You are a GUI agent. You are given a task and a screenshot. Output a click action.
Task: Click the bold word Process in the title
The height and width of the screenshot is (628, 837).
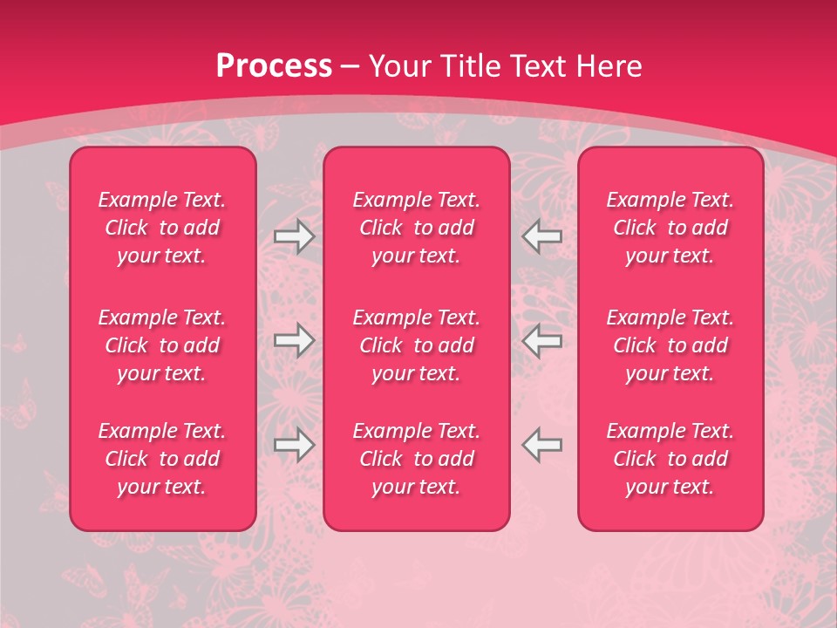[x=274, y=66]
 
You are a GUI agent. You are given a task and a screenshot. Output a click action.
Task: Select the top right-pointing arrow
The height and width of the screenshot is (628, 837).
[x=294, y=235]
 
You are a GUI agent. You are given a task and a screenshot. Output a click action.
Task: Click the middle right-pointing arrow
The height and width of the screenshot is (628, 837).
[x=294, y=340]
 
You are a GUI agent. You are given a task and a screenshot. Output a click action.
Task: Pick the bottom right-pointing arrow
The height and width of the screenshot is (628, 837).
[x=294, y=445]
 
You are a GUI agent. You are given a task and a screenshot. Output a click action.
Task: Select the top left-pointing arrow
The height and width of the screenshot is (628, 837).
[x=542, y=235]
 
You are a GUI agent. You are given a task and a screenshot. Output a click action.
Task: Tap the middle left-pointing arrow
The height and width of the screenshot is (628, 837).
[x=542, y=340]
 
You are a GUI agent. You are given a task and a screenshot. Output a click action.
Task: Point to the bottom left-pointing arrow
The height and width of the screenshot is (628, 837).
[x=542, y=445]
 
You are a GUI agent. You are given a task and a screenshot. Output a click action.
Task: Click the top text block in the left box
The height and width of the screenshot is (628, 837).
[x=162, y=228]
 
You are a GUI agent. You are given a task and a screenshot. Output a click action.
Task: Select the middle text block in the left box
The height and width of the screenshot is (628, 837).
[x=162, y=345]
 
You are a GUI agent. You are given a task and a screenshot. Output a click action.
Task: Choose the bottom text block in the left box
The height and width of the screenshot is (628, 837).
[x=162, y=459]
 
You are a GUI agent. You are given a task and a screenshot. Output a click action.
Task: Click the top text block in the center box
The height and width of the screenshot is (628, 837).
[x=417, y=228]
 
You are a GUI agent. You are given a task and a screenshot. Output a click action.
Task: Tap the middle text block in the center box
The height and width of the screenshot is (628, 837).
[x=417, y=345]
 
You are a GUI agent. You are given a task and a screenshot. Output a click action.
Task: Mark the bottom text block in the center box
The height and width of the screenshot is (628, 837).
[x=417, y=459]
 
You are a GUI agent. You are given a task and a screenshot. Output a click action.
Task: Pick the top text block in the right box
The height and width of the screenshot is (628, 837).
[x=670, y=228]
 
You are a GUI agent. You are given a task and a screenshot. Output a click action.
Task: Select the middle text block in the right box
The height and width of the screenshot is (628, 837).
[x=670, y=345]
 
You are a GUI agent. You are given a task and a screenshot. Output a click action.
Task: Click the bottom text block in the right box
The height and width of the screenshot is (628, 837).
[x=670, y=459]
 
